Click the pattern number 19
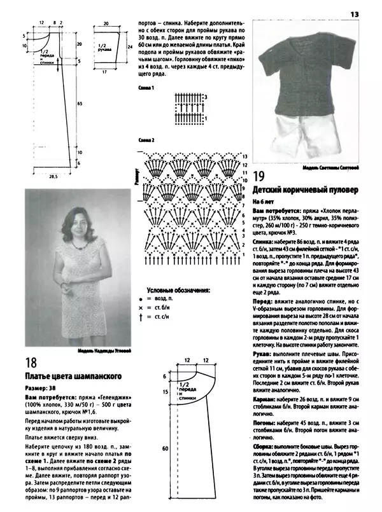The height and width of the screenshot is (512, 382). click(x=259, y=176)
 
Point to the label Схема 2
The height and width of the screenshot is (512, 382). click(x=147, y=140)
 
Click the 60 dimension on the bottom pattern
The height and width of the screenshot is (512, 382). click(x=164, y=449)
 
